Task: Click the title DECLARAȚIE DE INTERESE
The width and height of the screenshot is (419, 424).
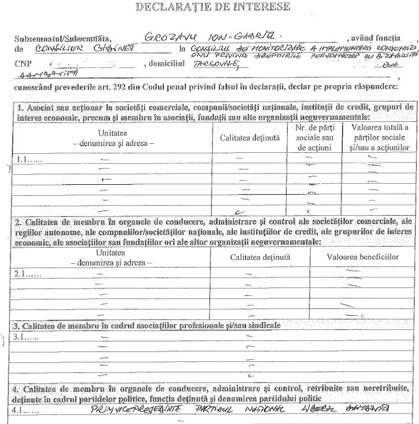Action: click(x=212, y=7)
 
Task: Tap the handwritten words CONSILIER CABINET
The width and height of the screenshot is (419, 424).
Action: click(x=84, y=49)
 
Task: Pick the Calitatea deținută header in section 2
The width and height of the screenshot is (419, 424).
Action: click(x=260, y=257)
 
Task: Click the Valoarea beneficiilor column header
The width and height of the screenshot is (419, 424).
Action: click(x=362, y=257)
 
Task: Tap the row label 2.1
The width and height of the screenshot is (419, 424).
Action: click(x=27, y=273)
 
